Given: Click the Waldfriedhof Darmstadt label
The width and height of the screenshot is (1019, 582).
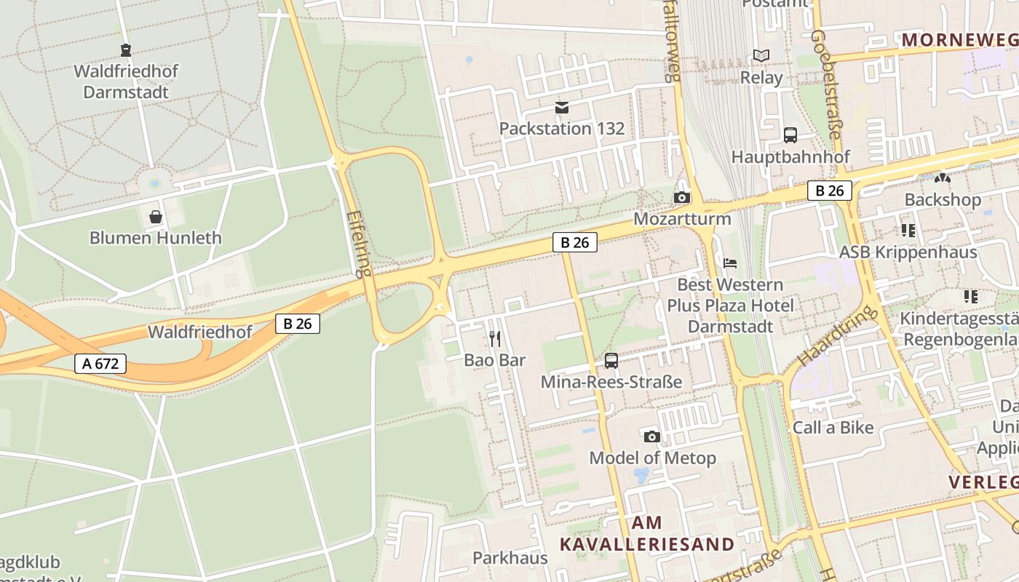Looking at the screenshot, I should [x=126, y=81].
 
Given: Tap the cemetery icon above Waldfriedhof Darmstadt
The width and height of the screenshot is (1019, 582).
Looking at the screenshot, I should [x=126, y=50].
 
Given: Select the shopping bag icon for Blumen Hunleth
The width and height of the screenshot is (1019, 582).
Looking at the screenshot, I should [x=156, y=217].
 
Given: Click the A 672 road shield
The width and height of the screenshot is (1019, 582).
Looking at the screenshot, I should [x=100, y=363].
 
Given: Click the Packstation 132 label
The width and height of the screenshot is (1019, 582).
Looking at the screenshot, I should [x=561, y=129].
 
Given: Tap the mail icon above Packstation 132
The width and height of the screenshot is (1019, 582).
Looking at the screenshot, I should [x=561, y=108].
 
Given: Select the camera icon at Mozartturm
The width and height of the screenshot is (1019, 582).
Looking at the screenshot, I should [x=682, y=197].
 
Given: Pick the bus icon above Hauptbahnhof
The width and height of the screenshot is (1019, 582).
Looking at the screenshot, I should [x=790, y=135].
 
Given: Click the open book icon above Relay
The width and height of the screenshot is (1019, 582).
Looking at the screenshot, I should [x=761, y=56].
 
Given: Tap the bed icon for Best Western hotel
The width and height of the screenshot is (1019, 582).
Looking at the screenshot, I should [x=730, y=263].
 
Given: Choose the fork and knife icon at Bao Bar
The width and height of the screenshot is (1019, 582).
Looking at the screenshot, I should [x=495, y=338].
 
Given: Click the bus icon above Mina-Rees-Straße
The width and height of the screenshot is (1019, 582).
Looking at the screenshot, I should [x=611, y=360].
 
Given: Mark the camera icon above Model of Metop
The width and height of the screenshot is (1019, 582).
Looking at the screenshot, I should [x=652, y=436].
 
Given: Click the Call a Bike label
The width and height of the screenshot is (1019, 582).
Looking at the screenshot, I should [x=833, y=428].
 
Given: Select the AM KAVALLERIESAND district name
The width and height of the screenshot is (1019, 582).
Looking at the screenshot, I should [x=647, y=533].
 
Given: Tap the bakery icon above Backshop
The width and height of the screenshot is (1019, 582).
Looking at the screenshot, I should [x=943, y=178].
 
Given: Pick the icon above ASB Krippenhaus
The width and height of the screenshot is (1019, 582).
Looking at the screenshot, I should [x=908, y=231].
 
